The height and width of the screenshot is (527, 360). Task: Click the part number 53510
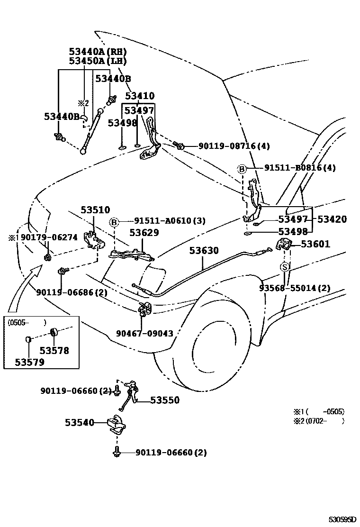pyautogui.click(x=95, y=210)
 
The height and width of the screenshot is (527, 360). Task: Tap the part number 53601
pyautogui.click(x=315, y=244)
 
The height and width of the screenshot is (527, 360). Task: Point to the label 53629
pyautogui.click(x=144, y=233)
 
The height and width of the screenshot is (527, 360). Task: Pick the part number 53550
pyautogui.click(x=165, y=400)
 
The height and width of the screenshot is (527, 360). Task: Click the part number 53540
pyautogui.click(x=80, y=422)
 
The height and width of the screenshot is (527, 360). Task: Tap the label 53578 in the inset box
pyautogui.click(x=54, y=351)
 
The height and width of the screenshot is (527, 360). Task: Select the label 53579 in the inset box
pyautogui.click(x=29, y=363)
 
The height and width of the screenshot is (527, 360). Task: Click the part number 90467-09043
pyautogui.click(x=144, y=334)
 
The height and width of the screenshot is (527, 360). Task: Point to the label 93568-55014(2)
pyautogui.click(x=295, y=288)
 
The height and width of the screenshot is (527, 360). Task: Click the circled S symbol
pyautogui.click(x=285, y=267)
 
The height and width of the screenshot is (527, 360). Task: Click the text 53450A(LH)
pyautogui.click(x=98, y=61)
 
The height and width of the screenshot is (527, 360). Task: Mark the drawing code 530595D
pyautogui.click(x=342, y=520)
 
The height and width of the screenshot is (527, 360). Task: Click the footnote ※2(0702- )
pyautogui.click(x=317, y=420)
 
